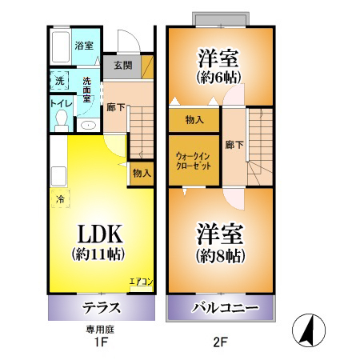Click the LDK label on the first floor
click(x=100, y=234)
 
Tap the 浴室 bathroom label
click(x=82, y=46)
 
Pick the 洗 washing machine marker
click(x=59, y=81)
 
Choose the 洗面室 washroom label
click(x=87, y=86)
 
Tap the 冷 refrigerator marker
click(x=59, y=198)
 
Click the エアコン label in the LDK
click(x=141, y=282)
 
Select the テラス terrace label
click(x=101, y=308)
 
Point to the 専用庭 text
click(x=101, y=328)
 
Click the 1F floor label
click(x=101, y=342)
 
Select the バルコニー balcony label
click(x=223, y=308)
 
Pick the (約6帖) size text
click(x=220, y=77)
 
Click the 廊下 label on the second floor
click(x=234, y=145)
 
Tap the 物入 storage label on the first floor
click(x=141, y=172)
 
